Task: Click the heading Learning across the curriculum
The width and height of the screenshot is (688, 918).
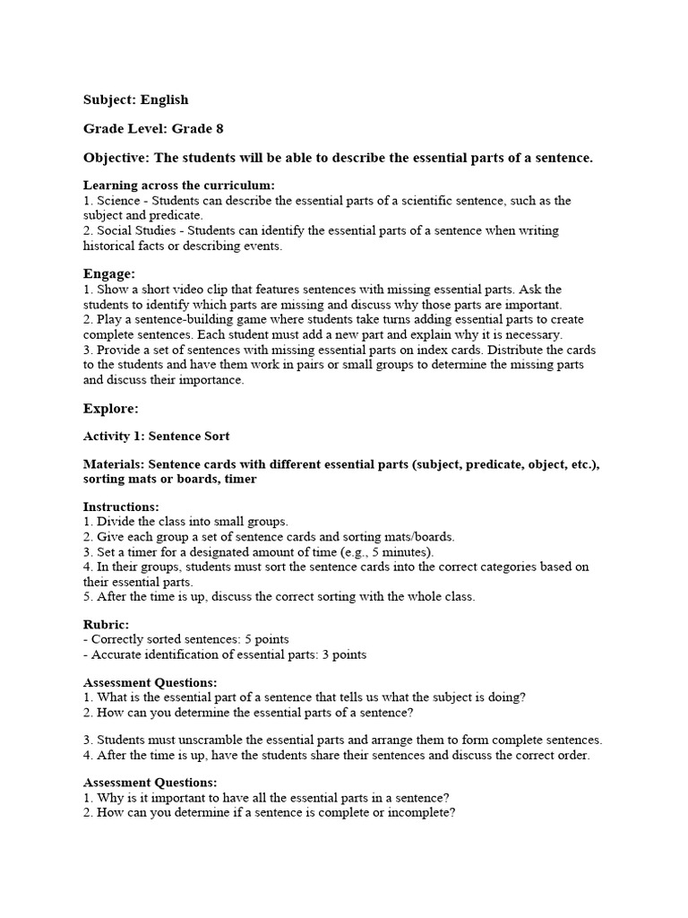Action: coord(179,186)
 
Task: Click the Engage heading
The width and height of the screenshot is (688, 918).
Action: coord(109,273)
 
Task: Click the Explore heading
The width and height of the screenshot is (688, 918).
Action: coord(111,408)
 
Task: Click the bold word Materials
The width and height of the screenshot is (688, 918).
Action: coord(113,464)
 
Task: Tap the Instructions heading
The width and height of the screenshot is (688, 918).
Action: coord(121,507)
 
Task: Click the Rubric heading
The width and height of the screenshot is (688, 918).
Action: coord(106,624)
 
